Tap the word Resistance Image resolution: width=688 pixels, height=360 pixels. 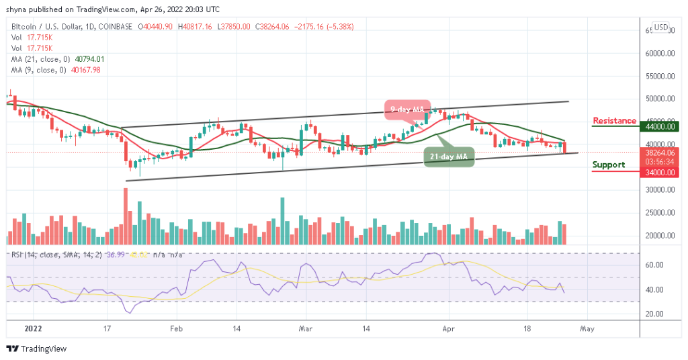[x=614, y=121]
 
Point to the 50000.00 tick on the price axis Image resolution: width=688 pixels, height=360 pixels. [x=657, y=98]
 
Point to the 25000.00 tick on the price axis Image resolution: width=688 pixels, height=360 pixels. [x=657, y=213]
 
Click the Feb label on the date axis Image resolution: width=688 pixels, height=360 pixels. [x=176, y=330]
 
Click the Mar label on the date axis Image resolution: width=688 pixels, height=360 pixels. [x=306, y=330]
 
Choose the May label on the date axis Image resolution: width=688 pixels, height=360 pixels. [x=587, y=330]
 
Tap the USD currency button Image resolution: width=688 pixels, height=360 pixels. [x=661, y=28]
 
